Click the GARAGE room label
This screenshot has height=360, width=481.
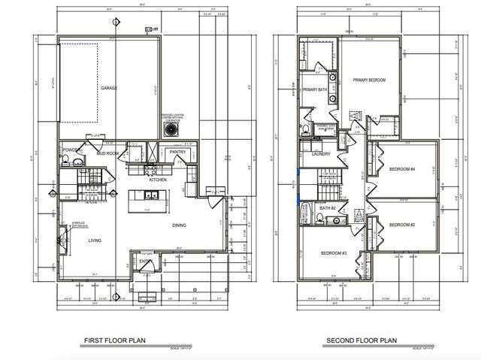[x=109, y=88]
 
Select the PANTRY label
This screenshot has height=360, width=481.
[x=177, y=152]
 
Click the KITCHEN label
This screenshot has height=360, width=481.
[x=158, y=180]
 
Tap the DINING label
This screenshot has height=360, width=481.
[x=179, y=225]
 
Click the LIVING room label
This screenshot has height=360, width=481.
[x=95, y=241]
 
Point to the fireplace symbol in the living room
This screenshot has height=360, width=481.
[x=62, y=241]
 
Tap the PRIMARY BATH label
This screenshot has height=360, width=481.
[x=314, y=90]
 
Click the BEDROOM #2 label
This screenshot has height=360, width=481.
[x=402, y=225]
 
